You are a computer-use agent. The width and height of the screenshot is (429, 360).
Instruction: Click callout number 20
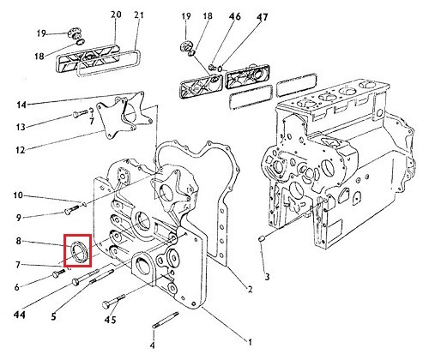point(116,15)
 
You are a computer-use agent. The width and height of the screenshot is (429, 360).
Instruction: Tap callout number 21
point(139,15)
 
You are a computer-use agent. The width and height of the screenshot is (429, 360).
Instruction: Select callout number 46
point(235,16)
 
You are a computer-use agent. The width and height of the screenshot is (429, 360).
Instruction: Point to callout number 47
point(262,17)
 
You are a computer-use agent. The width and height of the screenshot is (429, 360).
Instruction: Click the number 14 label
point(21,105)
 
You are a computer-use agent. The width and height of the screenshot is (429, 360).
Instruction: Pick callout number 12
point(21,150)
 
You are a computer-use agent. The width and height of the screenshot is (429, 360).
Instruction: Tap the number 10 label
point(18,195)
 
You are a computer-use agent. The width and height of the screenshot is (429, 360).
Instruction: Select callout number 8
point(18,241)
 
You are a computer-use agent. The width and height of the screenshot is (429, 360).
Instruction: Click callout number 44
point(20,315)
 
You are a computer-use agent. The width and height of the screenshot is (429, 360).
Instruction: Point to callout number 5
point(54,316)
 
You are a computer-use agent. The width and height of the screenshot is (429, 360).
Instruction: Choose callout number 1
point(250,342)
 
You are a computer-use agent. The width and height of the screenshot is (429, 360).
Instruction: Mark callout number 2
point(250,289)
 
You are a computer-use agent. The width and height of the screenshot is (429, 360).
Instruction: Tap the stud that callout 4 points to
point(166,320)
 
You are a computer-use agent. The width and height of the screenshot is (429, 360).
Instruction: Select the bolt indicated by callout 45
point(113,301)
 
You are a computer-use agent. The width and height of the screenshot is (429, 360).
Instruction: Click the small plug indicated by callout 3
point(262,238)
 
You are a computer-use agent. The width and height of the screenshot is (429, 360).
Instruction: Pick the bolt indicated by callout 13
point(81,113)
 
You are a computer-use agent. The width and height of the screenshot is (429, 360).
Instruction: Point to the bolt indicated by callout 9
point(72,209)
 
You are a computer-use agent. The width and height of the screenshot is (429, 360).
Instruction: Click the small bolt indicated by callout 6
point(58,273)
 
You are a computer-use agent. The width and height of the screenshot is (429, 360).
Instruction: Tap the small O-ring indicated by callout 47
point(221,69)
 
